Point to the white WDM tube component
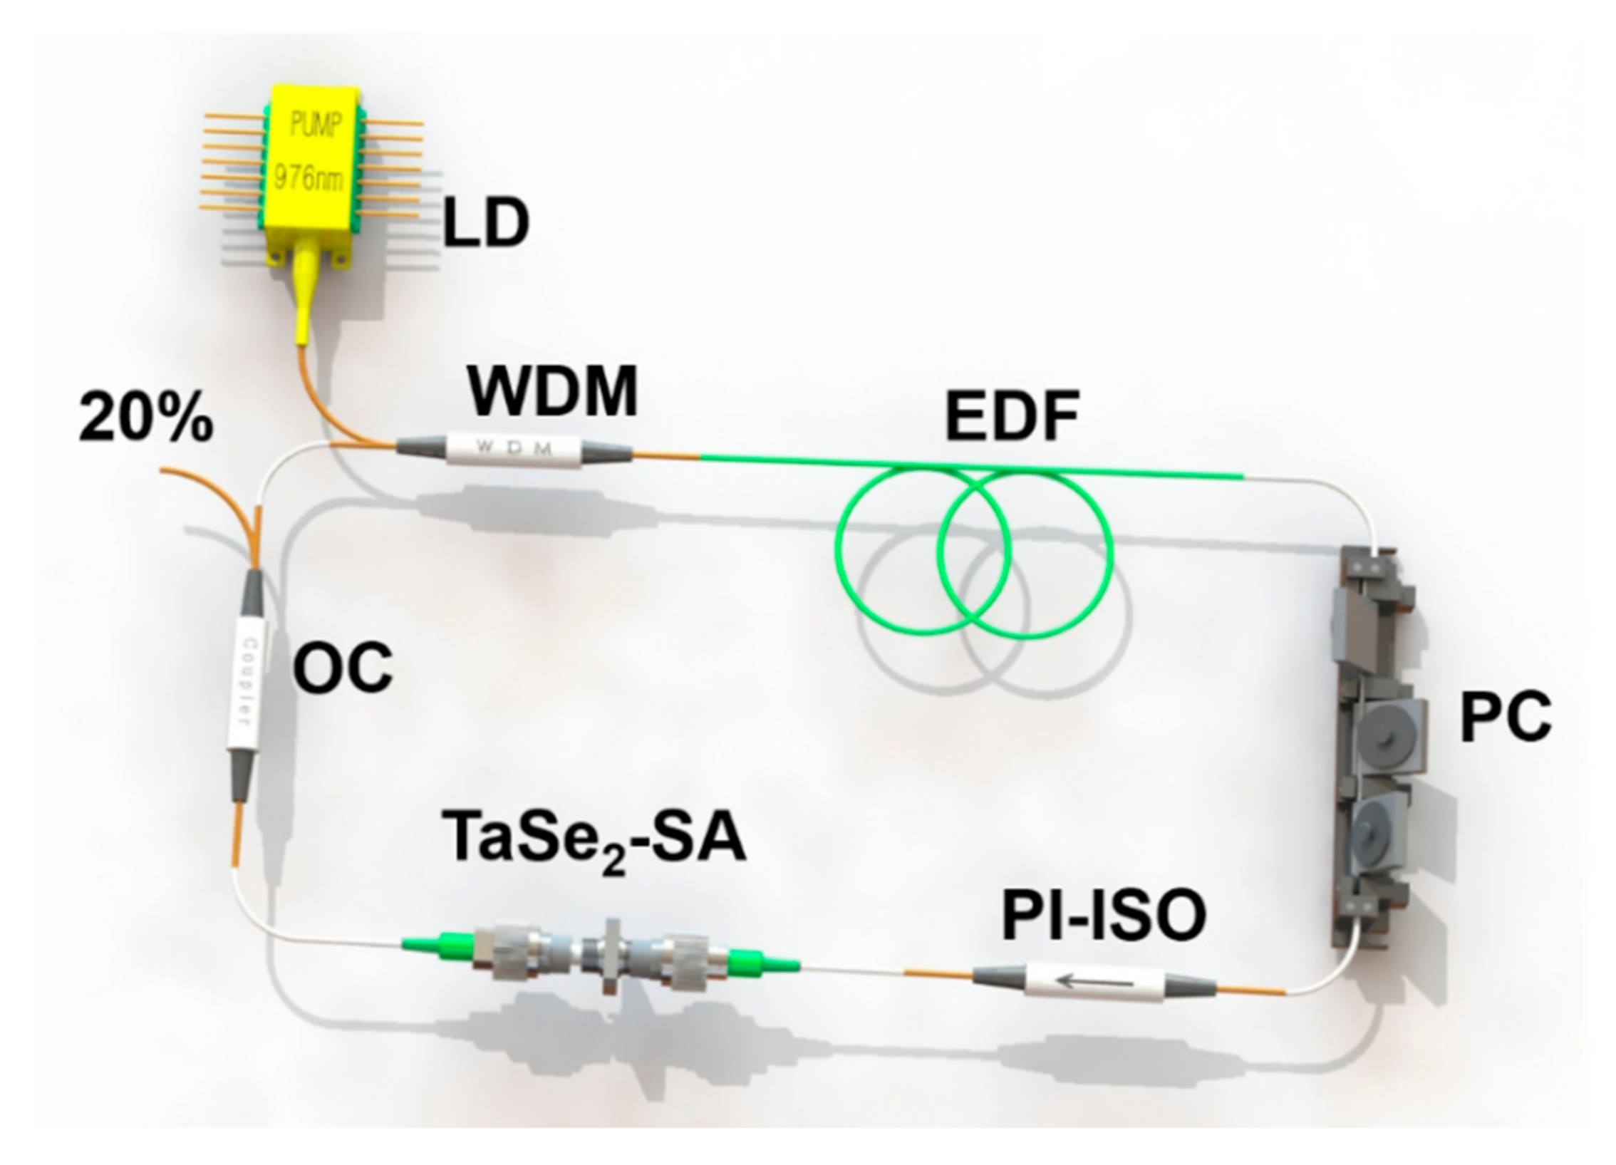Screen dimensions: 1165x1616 pyautogui.click(x=514, y=448)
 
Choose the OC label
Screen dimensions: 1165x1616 pyautogui.click(x=343, y=668)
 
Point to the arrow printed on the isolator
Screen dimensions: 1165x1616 pyautogui.click(x=1094, y=983)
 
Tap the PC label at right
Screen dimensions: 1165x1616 pyautogui.click(x=1506, y=719)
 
